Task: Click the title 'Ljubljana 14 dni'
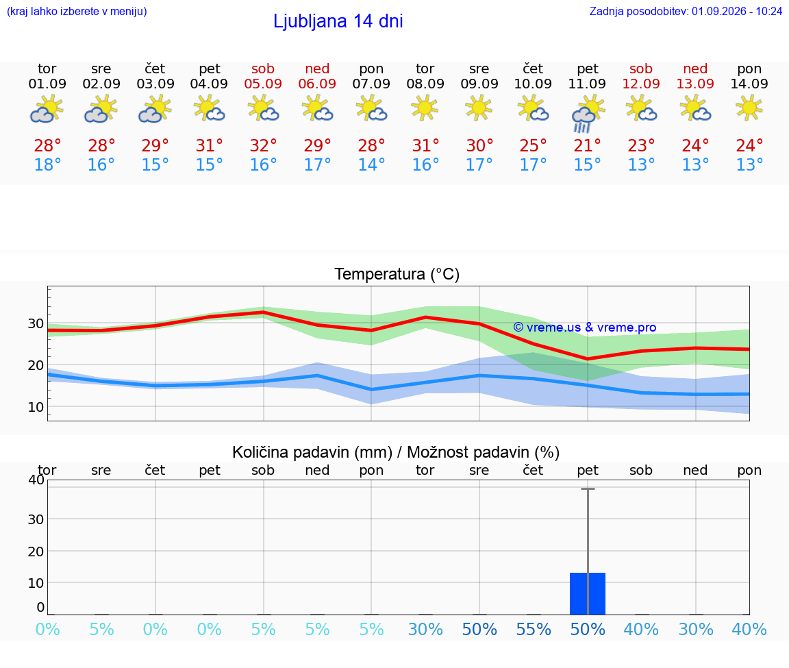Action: [338, 22]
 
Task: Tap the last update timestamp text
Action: [686, 12]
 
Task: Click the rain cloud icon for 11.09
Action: [587, 115]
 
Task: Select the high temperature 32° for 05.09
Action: [263, 146]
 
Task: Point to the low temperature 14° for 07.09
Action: [371, 164]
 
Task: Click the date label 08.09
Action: [425, 84]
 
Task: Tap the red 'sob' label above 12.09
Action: [641, 69]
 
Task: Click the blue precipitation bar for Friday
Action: [587, 593]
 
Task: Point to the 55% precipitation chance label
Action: [534, 630]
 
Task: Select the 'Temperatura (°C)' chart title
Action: [397, 274]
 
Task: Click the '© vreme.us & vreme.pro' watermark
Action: [585, 327]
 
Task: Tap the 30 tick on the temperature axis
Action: [36, 323]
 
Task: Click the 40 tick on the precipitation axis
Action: [36, 480]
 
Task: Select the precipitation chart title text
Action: [395, 453]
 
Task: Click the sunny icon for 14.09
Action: [749, 108]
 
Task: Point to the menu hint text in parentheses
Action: [77, 12]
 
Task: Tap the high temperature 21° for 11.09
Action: [587, 146]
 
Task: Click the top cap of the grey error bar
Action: [588, 488]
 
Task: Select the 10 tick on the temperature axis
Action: [36, 407]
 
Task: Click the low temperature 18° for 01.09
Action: [47, 164]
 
